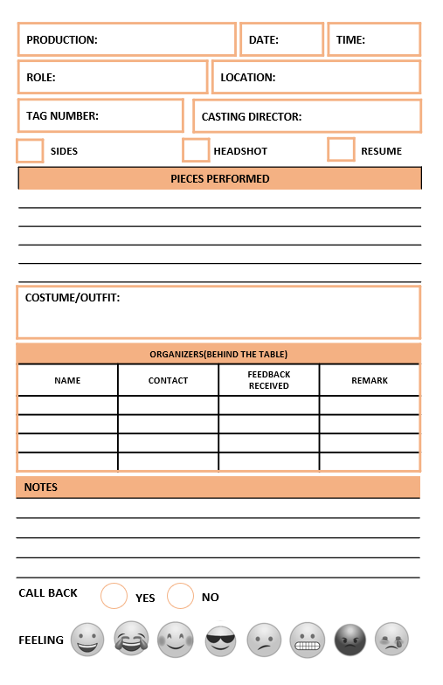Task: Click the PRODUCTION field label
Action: coord(62,40)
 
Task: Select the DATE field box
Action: coord(281,40)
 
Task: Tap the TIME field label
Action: coord(350,40)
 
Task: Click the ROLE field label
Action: coord(41,78)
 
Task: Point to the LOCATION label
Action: coord(248,78)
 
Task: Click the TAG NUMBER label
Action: coord(62,115)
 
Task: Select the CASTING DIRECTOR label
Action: coord(252,117)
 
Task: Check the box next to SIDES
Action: coord(30,150)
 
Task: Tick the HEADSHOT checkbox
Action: coord(196,150)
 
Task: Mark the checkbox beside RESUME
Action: coord(341,149)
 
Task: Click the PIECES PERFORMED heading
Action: coord(219,179)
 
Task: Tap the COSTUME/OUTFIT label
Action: coord(73,298)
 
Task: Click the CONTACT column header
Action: coord(168,381)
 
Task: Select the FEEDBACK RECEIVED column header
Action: coord(268,380)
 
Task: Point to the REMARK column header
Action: coord(370,381)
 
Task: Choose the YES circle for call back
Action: coord(114,596)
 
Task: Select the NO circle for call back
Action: coord(180,596)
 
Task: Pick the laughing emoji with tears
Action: coord(131,639)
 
